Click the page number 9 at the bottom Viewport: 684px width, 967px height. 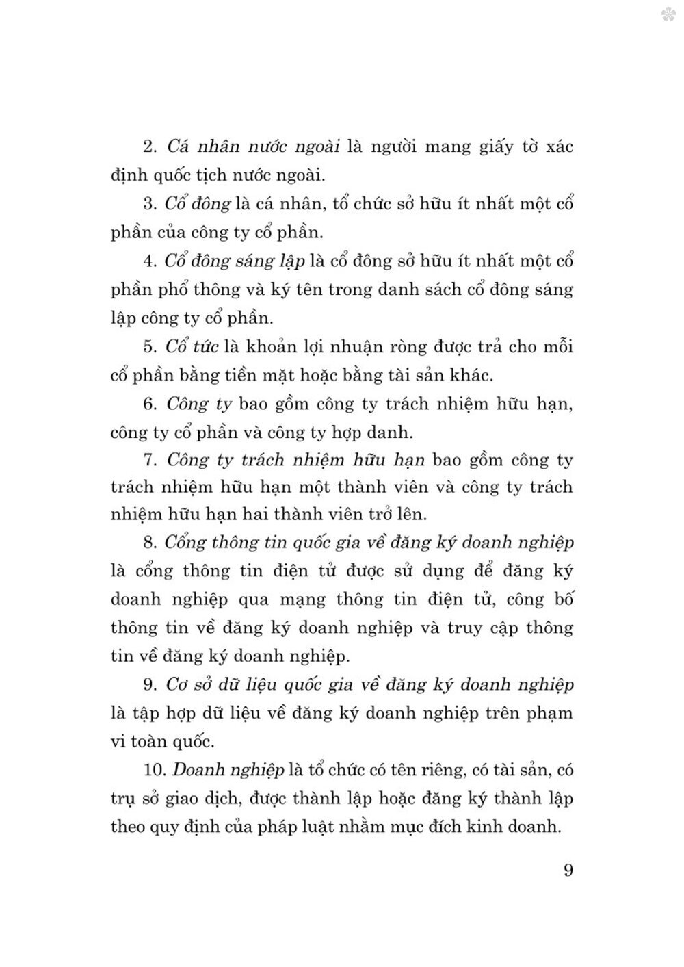click(568, 871)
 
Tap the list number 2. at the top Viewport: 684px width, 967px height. click(150, 147)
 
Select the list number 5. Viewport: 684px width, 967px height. click(150, 347)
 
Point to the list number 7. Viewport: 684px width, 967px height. click(150, 460)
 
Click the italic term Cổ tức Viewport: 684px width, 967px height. click(192, 346)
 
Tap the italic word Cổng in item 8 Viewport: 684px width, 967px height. click(185, 543)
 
